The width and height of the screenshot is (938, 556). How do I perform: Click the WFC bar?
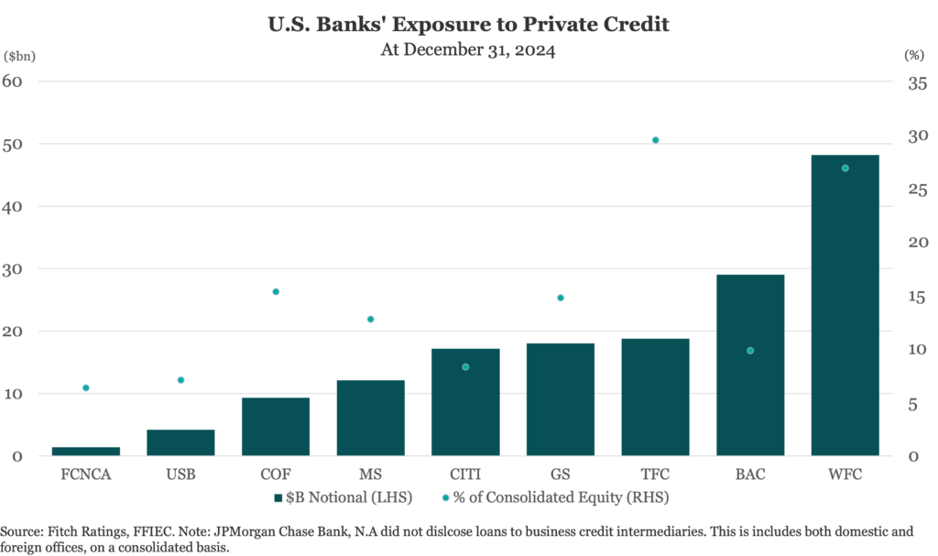(x=845, y=311)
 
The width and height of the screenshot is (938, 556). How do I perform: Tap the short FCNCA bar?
(x=85, y=451)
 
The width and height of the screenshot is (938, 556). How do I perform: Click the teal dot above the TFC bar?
(x=655, y=140)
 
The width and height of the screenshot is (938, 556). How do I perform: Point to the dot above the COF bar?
(x=275, y=291)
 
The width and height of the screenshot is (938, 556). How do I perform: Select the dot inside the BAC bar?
(x=750, y=351)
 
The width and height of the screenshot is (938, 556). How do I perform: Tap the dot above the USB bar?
(x=180, y=379)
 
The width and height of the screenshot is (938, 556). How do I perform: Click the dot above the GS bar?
(x=560, y=298)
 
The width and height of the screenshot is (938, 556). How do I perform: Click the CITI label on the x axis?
(x=465, y=474)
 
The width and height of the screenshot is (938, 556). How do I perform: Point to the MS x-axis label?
(x=370, y=474)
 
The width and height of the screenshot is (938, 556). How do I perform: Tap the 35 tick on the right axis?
(x=917, y=84)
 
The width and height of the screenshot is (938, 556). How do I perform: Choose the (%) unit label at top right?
(x=914, y=55)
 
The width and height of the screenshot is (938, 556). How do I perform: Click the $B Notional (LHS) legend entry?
(x=343, y=497)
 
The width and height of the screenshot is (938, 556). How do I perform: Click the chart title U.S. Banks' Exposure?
(x=468, y=25)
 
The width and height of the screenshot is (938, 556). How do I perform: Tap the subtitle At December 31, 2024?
(x=468, y=50)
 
